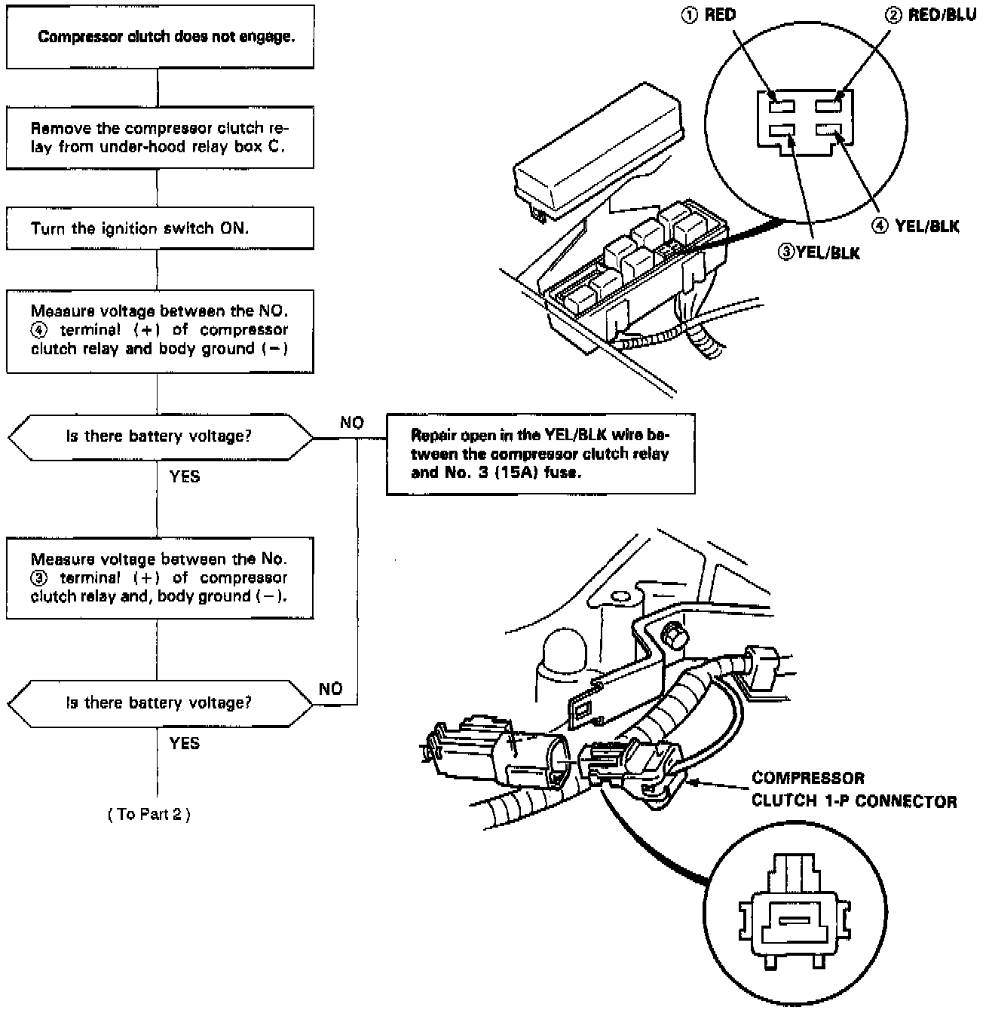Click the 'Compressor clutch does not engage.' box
click(x=160, y=37)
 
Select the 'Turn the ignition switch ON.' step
click(x=160, y=228)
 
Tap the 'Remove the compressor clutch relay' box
click(x=160, y=137)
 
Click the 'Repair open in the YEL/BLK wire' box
click(x=540, y=454)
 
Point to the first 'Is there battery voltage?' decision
click(x=160, y=436)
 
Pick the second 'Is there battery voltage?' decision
click(x=160, y=703)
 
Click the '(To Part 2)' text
click(x=149, y=815)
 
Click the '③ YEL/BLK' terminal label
click(x=819, y=252)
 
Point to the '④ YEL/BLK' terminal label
click(x=916, y=226)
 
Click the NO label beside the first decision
click(x=352, y=423)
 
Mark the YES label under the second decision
click(x=184, y=744)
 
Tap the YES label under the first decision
click(x=184, y=477)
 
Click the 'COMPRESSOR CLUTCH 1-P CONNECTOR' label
click(x=853, y=790)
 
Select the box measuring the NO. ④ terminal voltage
click(x=160, y=330)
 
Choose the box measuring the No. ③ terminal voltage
click(x=160, y=578)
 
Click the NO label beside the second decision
click(x=330, y=689)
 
